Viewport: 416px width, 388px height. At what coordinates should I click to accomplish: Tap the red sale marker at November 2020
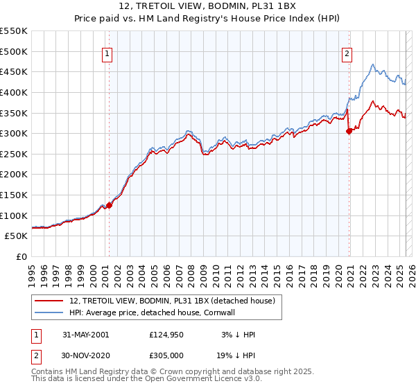coord(349,132)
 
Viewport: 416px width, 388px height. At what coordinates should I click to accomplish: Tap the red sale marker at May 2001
coord(110,205)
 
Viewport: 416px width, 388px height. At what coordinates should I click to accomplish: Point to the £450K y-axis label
coord(14,71)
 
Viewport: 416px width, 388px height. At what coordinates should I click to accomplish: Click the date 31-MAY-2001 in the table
coord(85,335)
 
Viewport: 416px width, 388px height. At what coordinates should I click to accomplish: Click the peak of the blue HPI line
coord(373,64)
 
